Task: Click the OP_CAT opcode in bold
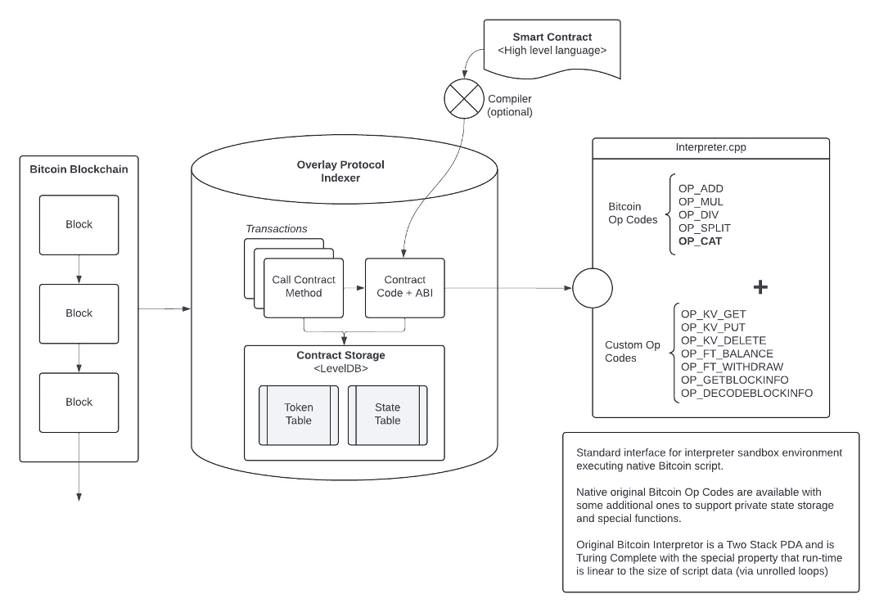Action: [x=700, y=241]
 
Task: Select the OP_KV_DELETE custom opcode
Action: [x=723, y=340]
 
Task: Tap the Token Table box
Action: [x=299, y=414]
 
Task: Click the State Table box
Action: [x=387, y=414]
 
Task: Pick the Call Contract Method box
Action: [x=304, y=287]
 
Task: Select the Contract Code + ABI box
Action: [x=405, y=287]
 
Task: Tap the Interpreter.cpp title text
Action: [x=710, y=148]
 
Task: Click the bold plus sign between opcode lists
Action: [x=760, y=287]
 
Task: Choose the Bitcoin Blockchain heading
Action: [x=79, y=170]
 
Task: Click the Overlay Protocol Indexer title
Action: [x=340, y=171]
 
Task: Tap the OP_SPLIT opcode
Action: [x=705, y=228]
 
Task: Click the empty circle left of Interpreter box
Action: [x=593, y=288]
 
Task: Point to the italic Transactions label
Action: [x=277, y=229]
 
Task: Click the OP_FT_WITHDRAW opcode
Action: [x=732, y=367]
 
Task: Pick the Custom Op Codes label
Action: [x=633, y=352]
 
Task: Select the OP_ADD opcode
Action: [x=701, y=189]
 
